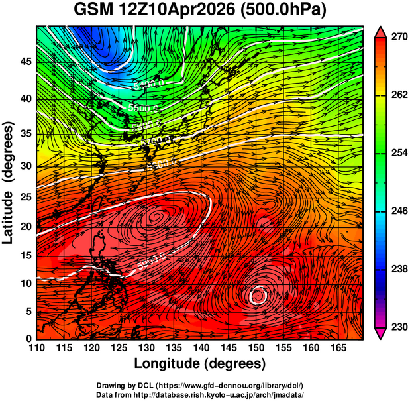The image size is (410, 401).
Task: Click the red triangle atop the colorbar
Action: click(381, 31)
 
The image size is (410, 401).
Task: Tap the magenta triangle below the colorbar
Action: click(381, 334)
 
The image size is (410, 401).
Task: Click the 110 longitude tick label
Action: click(36, 349)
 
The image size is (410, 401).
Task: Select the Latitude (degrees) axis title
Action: click(9, 182)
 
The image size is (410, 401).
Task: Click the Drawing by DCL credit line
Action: click(200, 385)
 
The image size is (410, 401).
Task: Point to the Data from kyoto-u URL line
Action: click(200, 394)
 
